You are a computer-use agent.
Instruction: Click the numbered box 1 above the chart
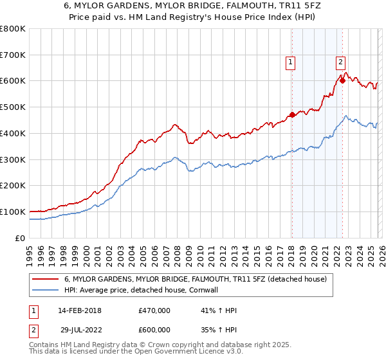pyautogui.click(x=291, y=62)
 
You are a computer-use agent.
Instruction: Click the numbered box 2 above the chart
pyautogui.click(x=340, y=62)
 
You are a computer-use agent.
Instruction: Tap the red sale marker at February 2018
pyautogui.click(x=292, y=115)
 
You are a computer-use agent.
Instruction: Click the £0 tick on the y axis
pyautogui.click(x=20, y=238)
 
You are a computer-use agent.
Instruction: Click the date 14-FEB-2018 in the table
pyautogui.click(x=84, y=310)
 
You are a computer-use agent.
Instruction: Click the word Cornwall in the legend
pyautogui.click(x=223, y=290)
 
